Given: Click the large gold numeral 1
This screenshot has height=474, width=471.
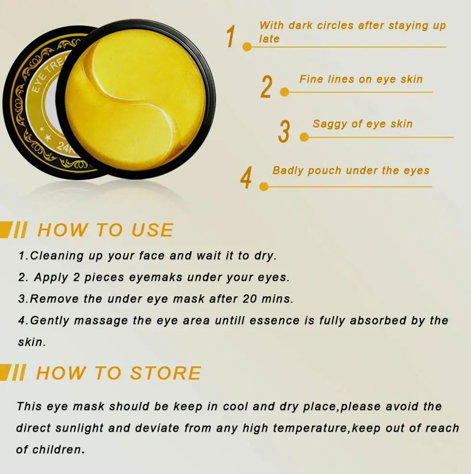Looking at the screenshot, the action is click(x=231, y=36).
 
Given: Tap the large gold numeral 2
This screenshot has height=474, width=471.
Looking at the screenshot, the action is click(x=266, y=87).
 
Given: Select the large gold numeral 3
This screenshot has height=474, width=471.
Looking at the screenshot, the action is click(x=284, y=132).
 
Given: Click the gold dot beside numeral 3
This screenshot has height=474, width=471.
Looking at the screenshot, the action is click(x=304, y=137).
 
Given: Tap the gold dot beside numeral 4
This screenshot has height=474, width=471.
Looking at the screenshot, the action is click(x=263, y=187).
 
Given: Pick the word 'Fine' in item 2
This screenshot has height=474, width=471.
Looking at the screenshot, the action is click(x=310, y=79).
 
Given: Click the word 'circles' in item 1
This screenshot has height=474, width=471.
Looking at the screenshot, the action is click(x=335, y=25).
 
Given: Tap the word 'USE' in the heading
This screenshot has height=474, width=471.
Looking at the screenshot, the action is click(x=152, y=230).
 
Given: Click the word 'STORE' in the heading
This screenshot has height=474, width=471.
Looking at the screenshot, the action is click(x=165, y=373).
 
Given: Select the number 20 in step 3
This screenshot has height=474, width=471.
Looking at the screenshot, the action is click(x=249, y=299).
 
